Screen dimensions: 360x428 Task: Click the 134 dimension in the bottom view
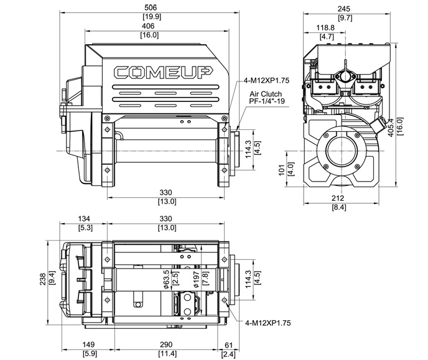pos(85,218)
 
